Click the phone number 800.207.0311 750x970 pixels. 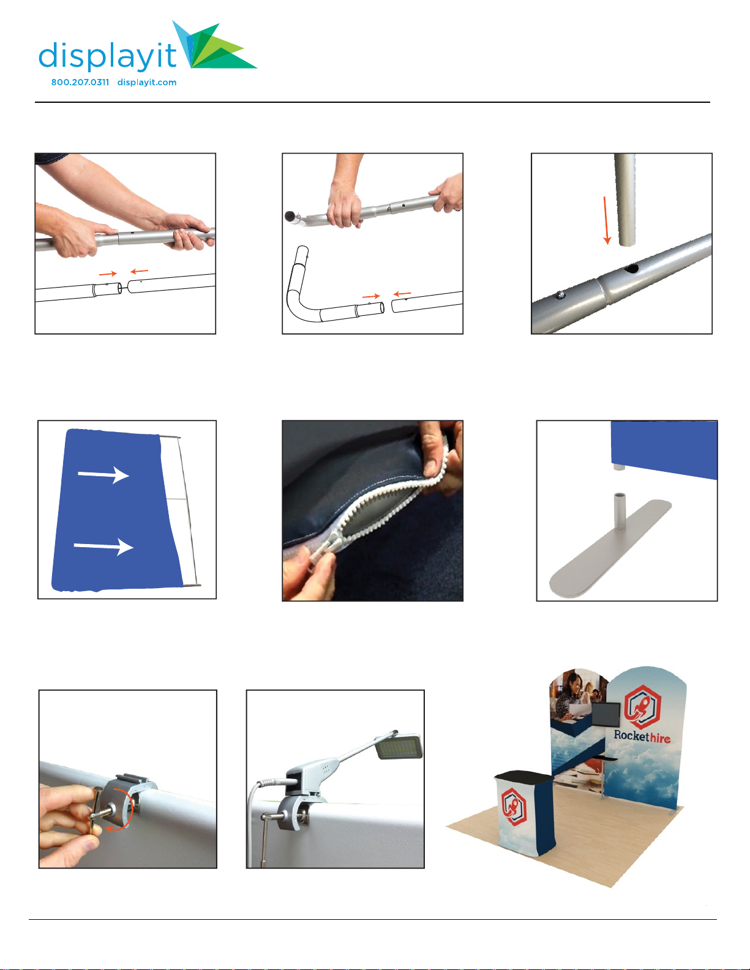[x=80, y=82]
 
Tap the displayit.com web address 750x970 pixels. [x=147, y=82]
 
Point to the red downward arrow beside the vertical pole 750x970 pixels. [x=606, y=220]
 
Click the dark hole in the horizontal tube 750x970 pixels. [x=631, y=268]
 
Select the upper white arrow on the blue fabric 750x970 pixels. [x=103, y=475]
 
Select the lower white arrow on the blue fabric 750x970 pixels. [x=103, y=547]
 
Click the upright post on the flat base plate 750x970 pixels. [x=620, y=512]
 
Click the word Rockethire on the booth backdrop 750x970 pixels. [x=642, y=736]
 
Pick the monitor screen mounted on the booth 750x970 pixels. [x=606, y=714]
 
